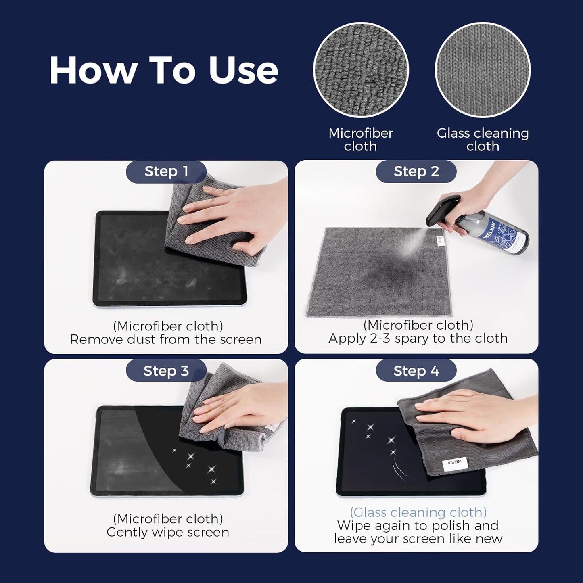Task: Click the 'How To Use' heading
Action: [164, 70]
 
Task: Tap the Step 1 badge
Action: [166, 171]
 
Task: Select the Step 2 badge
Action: [416, 171]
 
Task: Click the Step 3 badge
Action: [166, 371]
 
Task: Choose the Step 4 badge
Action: [416, 371]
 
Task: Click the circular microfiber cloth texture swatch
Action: [361, 70]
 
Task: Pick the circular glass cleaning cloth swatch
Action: [483, 70]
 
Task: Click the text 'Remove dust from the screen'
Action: [166, 339]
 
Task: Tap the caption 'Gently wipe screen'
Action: [168, 532]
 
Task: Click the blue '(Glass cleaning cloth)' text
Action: [418, 512]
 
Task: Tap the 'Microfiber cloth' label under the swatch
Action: [361, 140]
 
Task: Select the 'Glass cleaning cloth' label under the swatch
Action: [483, 140]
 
